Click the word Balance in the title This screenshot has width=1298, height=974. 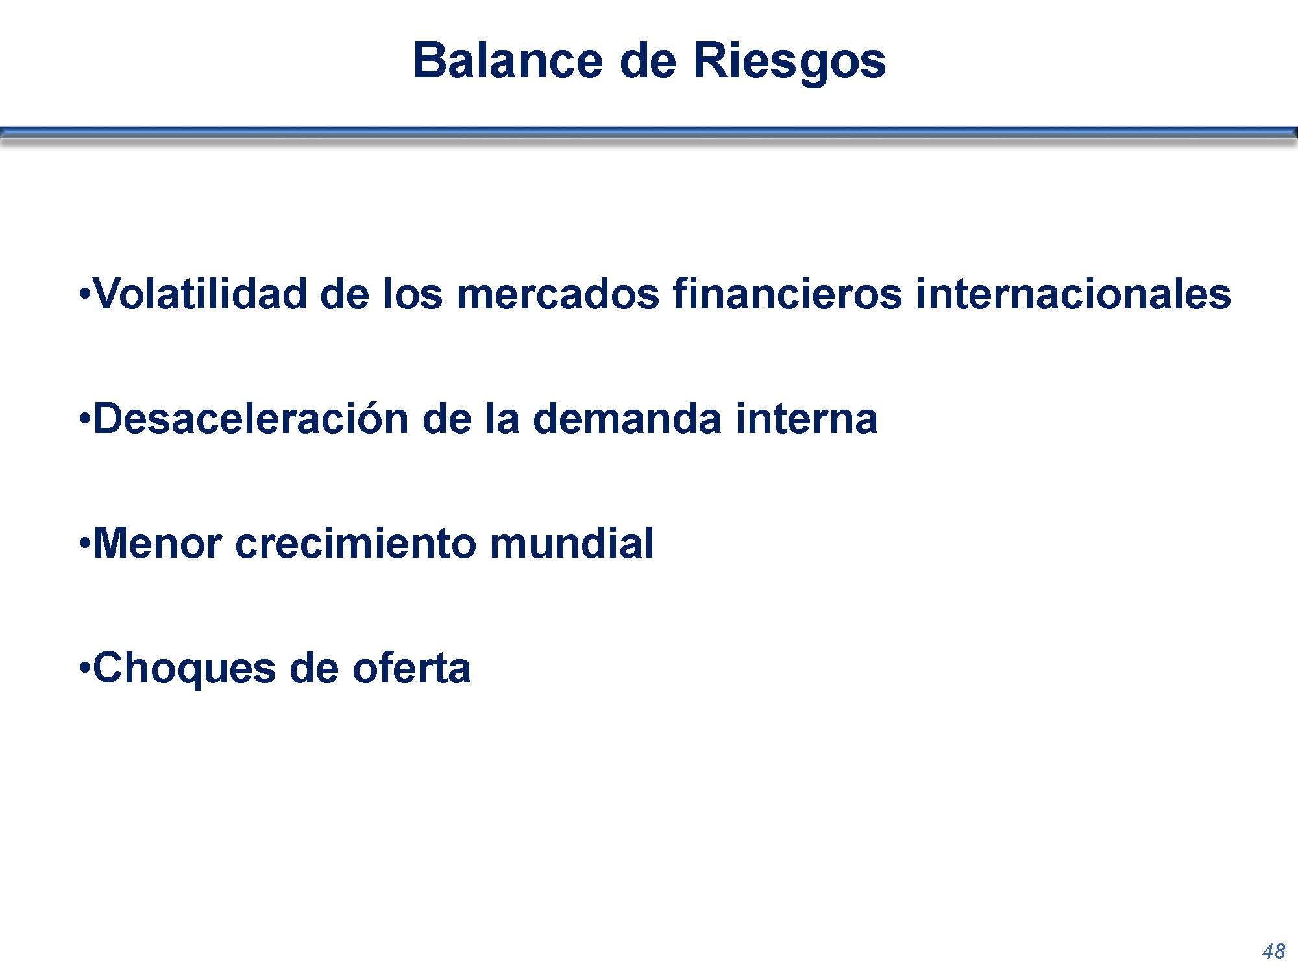click(x=508, y=60)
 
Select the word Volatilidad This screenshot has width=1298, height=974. click(x=200, y=293)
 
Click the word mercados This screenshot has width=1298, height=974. click(x=558, y=293)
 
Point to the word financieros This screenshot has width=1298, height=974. click(x=787, y=293)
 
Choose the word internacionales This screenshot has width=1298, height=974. click(x=1073, y=293)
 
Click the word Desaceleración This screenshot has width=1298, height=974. click(x=250, y=418)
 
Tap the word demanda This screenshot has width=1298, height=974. click(x=627, y=418)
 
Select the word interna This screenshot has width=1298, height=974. click(x=807, y=418)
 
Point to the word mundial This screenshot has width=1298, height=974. click(x=572, y=543)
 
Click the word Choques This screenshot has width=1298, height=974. click(x=184, y=669)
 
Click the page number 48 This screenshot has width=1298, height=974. click(x=1273, y=952)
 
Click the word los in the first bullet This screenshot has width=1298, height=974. click(x=412, y=293)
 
